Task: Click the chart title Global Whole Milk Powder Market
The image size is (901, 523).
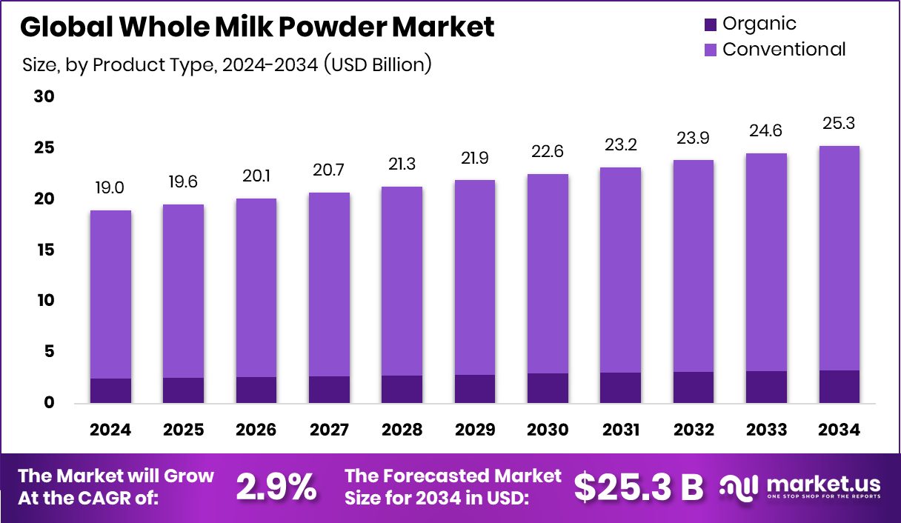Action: tap(257, 27)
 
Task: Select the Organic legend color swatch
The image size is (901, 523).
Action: tap(710, 24)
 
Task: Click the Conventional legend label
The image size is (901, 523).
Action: tap(783, 50)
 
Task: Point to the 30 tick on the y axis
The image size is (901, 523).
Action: tap(44, 97)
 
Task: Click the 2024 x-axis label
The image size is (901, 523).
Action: tap(110, 430)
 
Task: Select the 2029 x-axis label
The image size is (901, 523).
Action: tap(475, 430)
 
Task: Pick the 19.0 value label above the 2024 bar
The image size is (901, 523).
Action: tap(110, 188)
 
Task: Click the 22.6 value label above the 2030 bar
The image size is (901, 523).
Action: tap(548, 152)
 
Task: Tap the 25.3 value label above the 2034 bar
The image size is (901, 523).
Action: tap(839, 123)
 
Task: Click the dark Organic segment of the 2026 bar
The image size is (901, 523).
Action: tap(256, 390)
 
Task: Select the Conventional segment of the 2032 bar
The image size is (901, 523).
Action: tap(694, 265)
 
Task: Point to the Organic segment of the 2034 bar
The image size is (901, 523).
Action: tap(839, 386)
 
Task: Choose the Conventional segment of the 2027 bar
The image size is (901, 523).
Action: tap(329, 284)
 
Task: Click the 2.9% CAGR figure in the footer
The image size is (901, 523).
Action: tap(276, 487)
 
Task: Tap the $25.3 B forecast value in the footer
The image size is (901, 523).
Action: tap(638, 487)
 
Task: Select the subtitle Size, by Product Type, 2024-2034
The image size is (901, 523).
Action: tap(227, 64)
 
